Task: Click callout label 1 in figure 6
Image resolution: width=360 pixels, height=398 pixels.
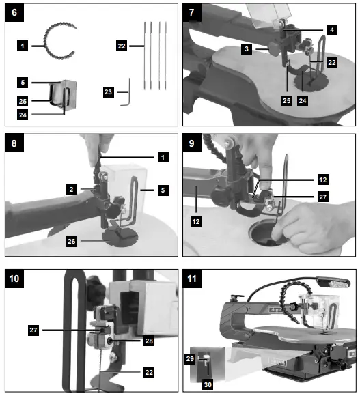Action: (x=23, y=46)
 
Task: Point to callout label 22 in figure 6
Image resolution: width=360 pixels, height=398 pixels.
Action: (x=122, y=46)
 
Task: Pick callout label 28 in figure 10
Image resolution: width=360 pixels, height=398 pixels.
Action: (x=148, y=339)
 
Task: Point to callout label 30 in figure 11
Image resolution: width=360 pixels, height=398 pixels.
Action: (x=208, y=384)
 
